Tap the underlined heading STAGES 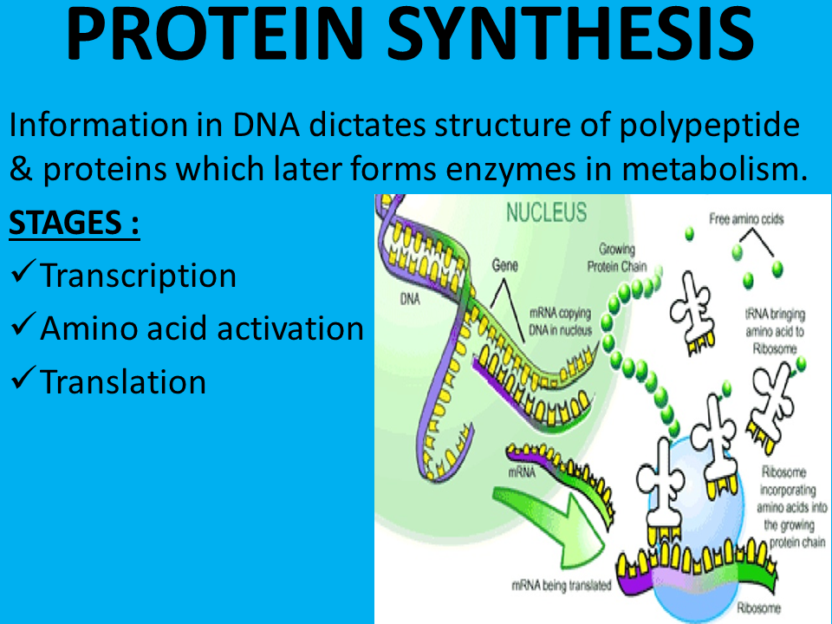pyautogui.click(x=74, y=225)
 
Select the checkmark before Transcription pyautogui.click(x=23, y=276)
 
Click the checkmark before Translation pyautogui.click(x=23, y=381)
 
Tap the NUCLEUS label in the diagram pyautogui.click(x=546, y=211)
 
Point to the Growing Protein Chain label pyautogui.click(x=616, y=257)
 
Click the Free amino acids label pyautogui.click(x=746, y=219)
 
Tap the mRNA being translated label pyautogui.click(x=560, y=585)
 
